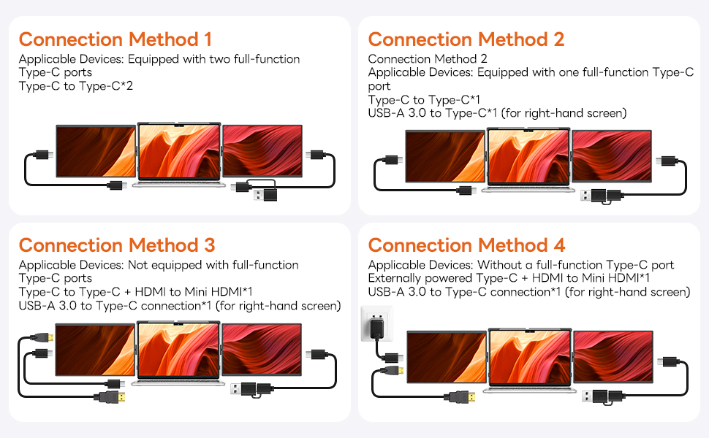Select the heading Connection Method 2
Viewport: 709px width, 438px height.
click(x=466, y=39)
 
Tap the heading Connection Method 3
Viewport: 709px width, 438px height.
click(x=117, y=245)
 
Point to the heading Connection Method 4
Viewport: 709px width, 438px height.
click(x=466, y=245)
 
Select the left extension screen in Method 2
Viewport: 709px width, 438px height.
click(x=444, y=156)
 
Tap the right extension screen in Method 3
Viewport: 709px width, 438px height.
click(x=262, y=349)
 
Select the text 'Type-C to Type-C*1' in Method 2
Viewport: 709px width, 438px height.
click(x=420, y=99)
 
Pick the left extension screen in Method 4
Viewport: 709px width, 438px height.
click(x=446, y=356)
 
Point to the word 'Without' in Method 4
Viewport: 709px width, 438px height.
click(x=500, y=265)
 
